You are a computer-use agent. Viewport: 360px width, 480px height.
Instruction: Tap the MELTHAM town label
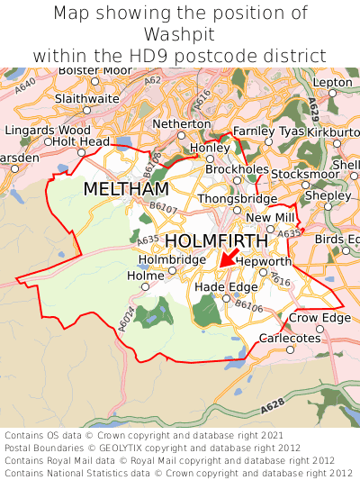click(x=126, y=189)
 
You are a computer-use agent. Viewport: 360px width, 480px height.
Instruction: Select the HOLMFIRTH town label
click(x=217, y=241)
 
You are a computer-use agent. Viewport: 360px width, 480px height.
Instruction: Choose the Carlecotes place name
click(x=290, y=338)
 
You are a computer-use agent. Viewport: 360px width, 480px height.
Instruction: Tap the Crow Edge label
click(x=319, y=318)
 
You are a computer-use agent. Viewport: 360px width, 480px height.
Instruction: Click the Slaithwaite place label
click(x=86, y=98)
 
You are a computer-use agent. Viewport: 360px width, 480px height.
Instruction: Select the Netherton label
click(x=182, y=122)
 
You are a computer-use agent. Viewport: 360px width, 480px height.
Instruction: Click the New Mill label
click(x=270, y=218)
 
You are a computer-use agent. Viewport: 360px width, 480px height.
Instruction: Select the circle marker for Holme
click(x=145, y=287)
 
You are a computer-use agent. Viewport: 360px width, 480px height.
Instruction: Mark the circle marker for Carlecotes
click(x=290, y=349)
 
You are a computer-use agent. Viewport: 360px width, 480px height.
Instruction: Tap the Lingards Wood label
click(x=46, y=130)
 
